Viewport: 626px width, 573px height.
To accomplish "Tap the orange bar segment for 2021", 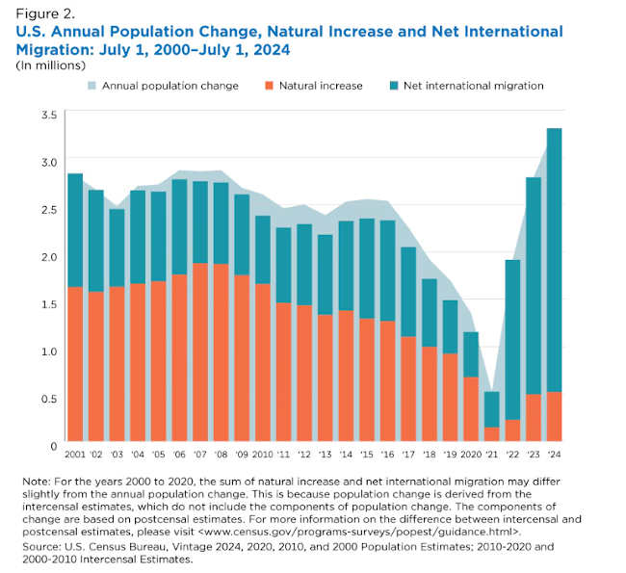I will click(492, 435).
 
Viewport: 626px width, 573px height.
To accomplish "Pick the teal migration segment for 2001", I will click(75, 230).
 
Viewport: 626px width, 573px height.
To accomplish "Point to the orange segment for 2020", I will click(471, 410).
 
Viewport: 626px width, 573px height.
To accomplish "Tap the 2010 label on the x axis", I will click(262, 455).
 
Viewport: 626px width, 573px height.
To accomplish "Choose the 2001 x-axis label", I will click(75, 455).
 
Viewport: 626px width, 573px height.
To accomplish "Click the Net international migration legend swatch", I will click(396, 86).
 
